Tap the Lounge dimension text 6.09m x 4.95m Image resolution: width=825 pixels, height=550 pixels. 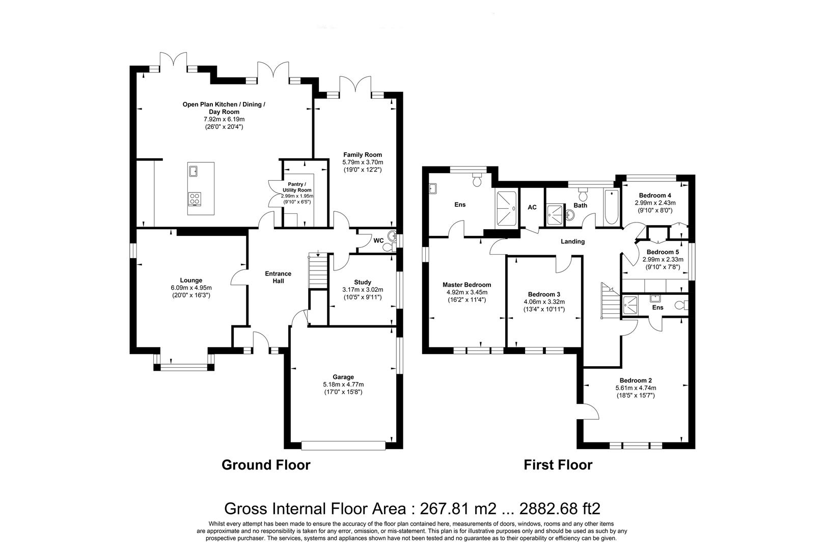(x=191, y=288)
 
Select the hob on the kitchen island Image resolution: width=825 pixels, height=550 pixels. (x=194, y=199)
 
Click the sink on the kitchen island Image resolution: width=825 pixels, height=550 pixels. (x=194, y=170)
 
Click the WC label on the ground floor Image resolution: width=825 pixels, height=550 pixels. (x=378, y=240)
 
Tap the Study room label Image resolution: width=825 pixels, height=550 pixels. (x=362, y=282)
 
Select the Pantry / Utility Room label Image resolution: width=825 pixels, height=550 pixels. (x=298, y=187)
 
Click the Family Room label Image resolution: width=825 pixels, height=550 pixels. (x=362, y=155)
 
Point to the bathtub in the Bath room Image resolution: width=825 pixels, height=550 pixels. (x=611, y=207)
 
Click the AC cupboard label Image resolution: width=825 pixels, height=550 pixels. (x=532, y=207)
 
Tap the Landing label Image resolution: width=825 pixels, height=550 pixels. (x=572, y=241)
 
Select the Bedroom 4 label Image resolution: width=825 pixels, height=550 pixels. (x=655, y=196)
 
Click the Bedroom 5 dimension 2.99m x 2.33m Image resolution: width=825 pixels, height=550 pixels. (x=663, y=259)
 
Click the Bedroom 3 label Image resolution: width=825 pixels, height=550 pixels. (x=544, y=294)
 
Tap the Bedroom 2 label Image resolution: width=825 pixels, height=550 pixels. (x=635, y=380)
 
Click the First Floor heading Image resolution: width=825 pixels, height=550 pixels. (x=558, y=465)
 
